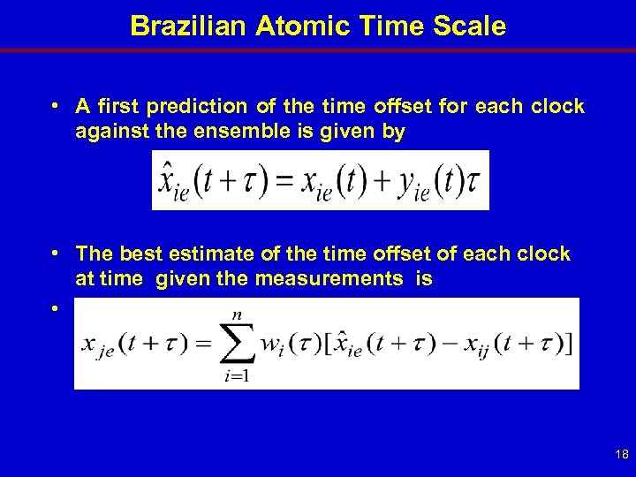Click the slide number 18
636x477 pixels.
(620, 454)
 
